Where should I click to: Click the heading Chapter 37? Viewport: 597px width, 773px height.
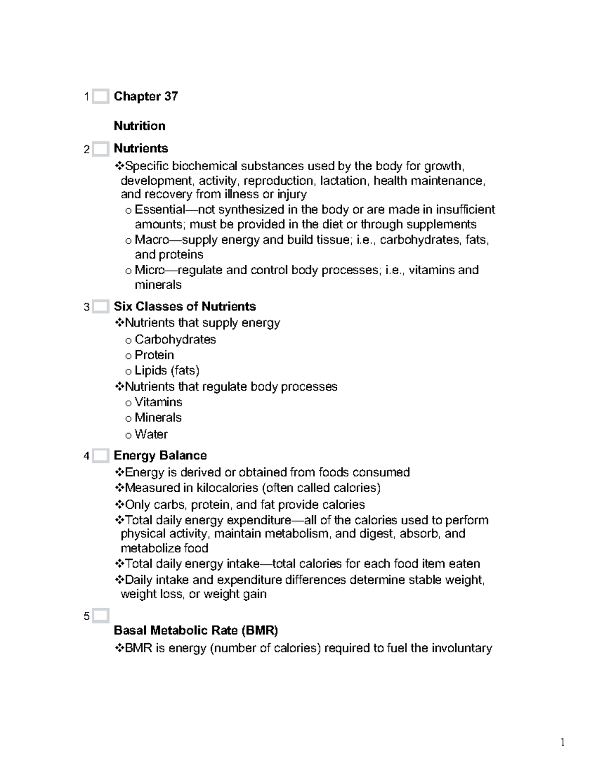click(146, 97)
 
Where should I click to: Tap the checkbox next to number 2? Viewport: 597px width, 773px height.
click(100, 149)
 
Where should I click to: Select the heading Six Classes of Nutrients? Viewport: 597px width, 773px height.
click(185, 307)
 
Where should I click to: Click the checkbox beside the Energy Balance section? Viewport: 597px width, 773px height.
click(100, 456)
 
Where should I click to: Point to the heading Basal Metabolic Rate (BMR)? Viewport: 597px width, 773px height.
click(196, 631)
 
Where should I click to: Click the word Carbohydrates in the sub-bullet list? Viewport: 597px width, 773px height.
click(175, 340)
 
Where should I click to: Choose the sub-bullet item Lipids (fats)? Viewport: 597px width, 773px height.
click(167, 371)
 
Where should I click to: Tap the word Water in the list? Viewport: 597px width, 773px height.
click(151, 435)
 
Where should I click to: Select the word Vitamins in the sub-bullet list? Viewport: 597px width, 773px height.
click(158, 402)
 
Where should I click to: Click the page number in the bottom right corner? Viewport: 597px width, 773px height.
click(563, 743)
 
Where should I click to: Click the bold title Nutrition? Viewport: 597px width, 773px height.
click(139, 126)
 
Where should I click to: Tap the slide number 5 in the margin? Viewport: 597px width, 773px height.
click(87, 617)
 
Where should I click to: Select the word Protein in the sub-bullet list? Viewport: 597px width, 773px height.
click(154, 355)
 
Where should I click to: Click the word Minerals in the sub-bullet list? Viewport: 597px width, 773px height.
click(158, 418)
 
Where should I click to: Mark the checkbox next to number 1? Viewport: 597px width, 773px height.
click(100, 97)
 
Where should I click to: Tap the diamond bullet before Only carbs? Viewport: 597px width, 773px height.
click(119, 505)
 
